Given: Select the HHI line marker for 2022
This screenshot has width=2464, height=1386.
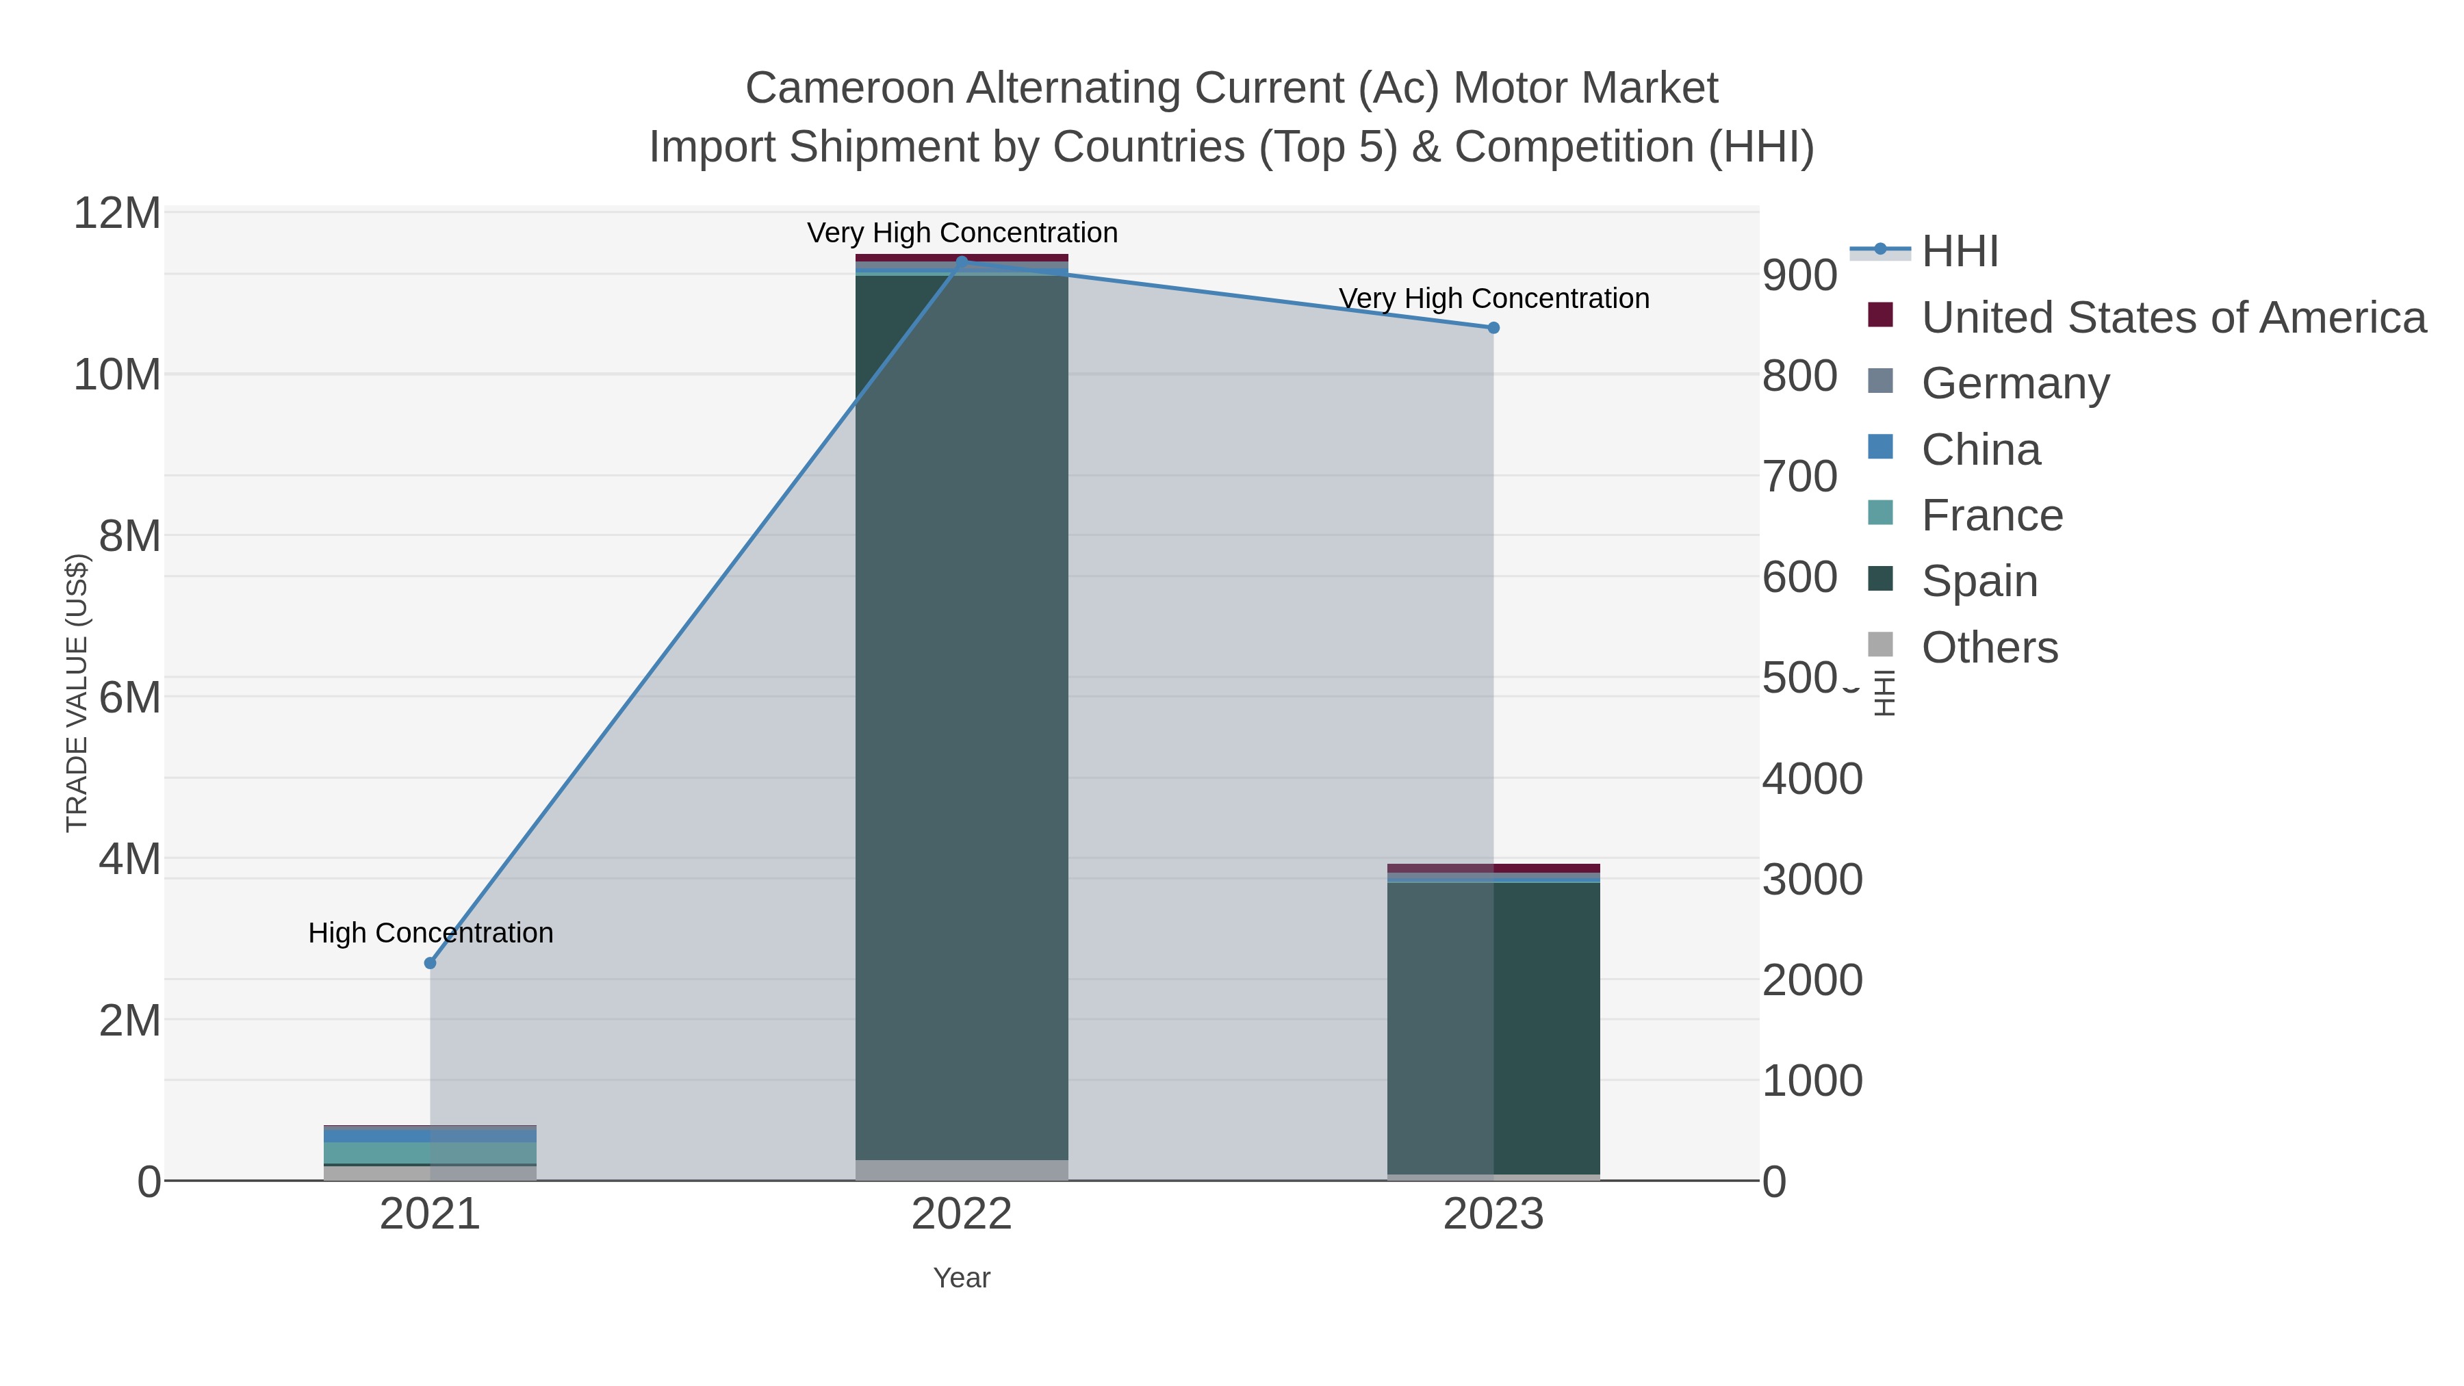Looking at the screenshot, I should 962,261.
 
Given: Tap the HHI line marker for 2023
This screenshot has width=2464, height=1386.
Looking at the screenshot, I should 1493,328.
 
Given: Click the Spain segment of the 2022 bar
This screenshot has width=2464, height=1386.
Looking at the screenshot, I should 962,717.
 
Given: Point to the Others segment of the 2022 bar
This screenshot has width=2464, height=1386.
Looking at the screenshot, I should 962,1169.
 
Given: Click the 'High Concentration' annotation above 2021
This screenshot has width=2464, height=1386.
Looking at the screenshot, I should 431,933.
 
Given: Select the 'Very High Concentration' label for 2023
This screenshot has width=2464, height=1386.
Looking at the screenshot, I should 1493,298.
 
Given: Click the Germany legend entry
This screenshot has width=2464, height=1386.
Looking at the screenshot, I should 2014,383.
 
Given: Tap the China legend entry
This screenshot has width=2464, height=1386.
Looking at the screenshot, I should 1980,450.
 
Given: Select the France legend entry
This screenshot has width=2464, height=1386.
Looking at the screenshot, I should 1992,515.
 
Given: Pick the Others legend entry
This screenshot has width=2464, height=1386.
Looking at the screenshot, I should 1988,647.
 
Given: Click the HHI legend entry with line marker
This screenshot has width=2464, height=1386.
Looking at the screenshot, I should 1959,252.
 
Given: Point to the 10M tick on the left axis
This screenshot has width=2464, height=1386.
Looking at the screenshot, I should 116,375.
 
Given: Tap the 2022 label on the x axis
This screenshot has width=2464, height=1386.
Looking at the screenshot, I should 962,1215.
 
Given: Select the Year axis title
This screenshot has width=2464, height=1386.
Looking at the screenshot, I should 962,1278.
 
